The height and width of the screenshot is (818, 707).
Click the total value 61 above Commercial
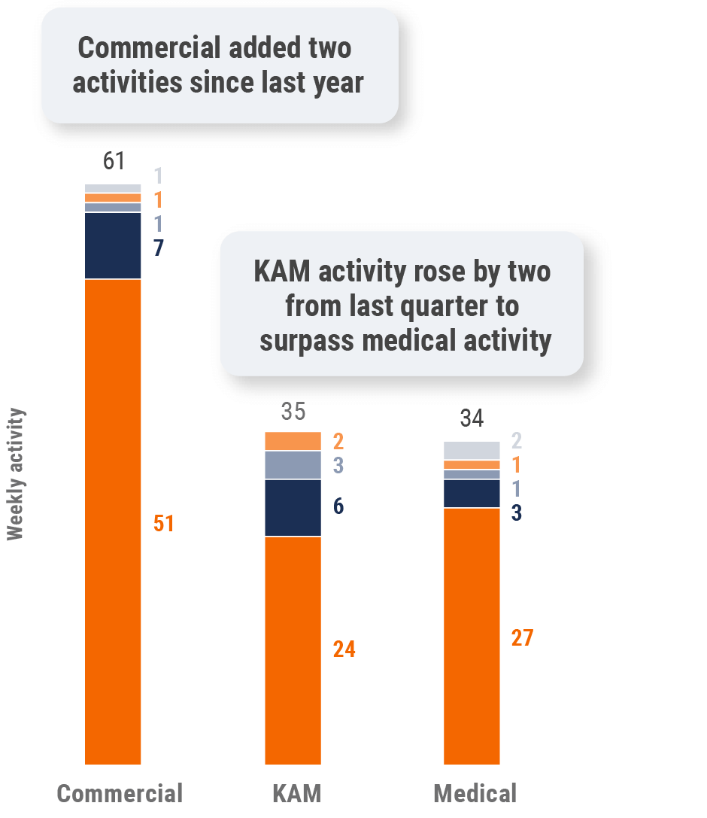click(x=113, y=162)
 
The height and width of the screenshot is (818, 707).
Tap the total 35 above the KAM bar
click(x=293, y=412)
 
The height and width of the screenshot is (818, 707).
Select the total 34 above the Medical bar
click(x=472, y=419)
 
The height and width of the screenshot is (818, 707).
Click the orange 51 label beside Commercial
click(x=163, y=524)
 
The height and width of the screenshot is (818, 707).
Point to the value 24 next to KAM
click(x=344, y=649)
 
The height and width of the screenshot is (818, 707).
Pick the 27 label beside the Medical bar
click(x=522, y=638)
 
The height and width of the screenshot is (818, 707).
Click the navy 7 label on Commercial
click(x=159, y=248)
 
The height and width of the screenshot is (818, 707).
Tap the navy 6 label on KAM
click(x=338, y=506)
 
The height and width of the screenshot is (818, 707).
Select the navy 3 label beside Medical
click(x=517, y=513)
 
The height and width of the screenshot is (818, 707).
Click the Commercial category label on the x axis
click(x=120, y=793)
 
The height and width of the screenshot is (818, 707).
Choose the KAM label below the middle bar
click(x=296, y=793)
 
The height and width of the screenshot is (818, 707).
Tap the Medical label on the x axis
click(x=475, y=793)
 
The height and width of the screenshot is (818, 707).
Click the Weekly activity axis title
click(x=16, y=474)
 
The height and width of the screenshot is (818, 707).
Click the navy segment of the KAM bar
click(x=293, y=508)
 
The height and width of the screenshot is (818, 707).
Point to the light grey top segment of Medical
click(x=472, y=450)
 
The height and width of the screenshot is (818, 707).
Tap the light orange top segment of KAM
click(x=293, y=441)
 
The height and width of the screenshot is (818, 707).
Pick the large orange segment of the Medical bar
click(x=472, y=636)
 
